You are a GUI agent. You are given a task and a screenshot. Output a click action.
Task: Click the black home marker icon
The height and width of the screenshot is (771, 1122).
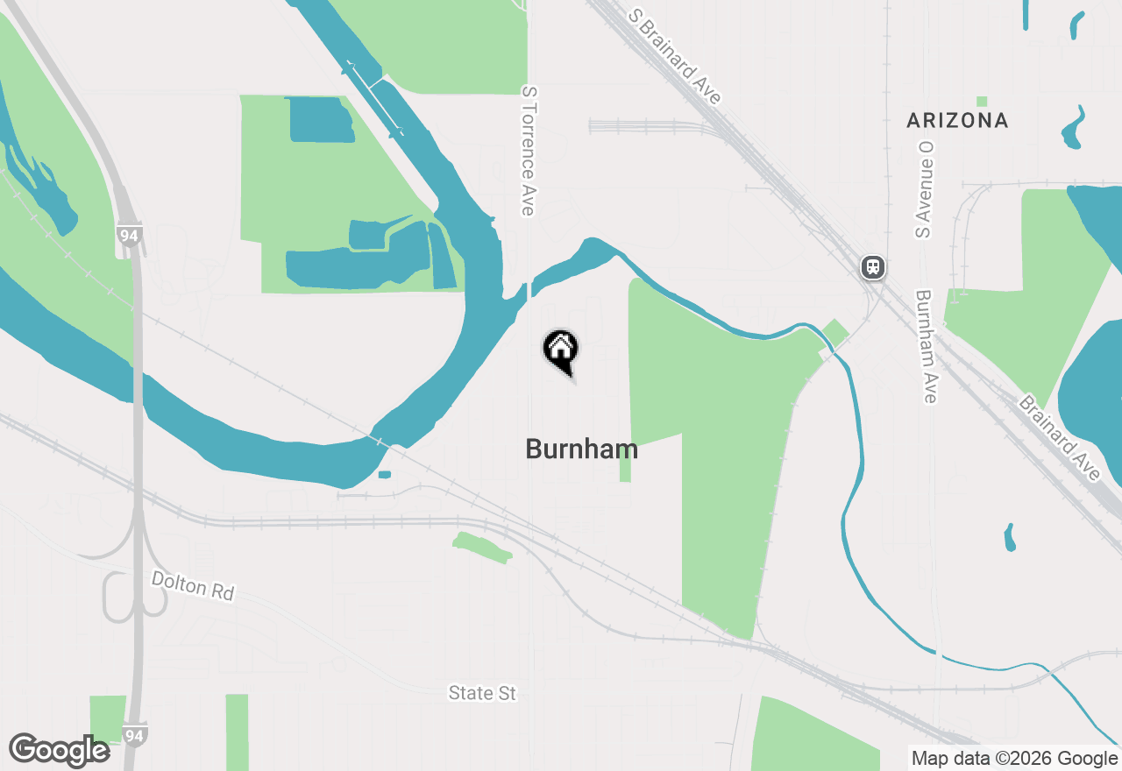(561, 350)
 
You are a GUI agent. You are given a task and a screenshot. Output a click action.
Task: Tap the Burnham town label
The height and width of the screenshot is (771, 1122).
(581, 449)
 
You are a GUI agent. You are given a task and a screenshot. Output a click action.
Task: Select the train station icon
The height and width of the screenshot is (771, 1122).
(872, 267)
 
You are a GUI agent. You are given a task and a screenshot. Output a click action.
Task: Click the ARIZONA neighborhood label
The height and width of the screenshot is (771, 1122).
(957, 120)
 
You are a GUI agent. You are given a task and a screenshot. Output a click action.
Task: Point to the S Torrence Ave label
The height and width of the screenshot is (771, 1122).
(528, 151)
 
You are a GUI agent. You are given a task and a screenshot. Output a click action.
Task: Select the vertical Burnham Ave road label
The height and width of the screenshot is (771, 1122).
(926, 347)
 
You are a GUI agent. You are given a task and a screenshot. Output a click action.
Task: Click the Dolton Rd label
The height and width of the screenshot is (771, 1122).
(193, 585)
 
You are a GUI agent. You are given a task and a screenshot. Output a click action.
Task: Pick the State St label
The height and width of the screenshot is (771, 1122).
(482, 693)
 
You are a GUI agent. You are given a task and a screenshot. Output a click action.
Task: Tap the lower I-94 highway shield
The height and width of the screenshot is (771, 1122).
(135, 733)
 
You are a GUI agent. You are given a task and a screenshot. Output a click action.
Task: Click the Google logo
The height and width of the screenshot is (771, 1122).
(59, 750)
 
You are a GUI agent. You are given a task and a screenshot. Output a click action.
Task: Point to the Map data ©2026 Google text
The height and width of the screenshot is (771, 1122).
(1014, 759)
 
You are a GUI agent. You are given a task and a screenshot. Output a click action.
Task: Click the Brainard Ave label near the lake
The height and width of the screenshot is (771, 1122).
(1059, 438)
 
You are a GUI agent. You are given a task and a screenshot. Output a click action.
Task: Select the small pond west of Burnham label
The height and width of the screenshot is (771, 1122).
(385, 475)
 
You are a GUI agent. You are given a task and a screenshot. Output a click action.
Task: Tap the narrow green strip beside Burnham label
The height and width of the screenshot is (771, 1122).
(625, 465)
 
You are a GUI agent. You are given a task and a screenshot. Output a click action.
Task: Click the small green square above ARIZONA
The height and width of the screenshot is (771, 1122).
(982, 102)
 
